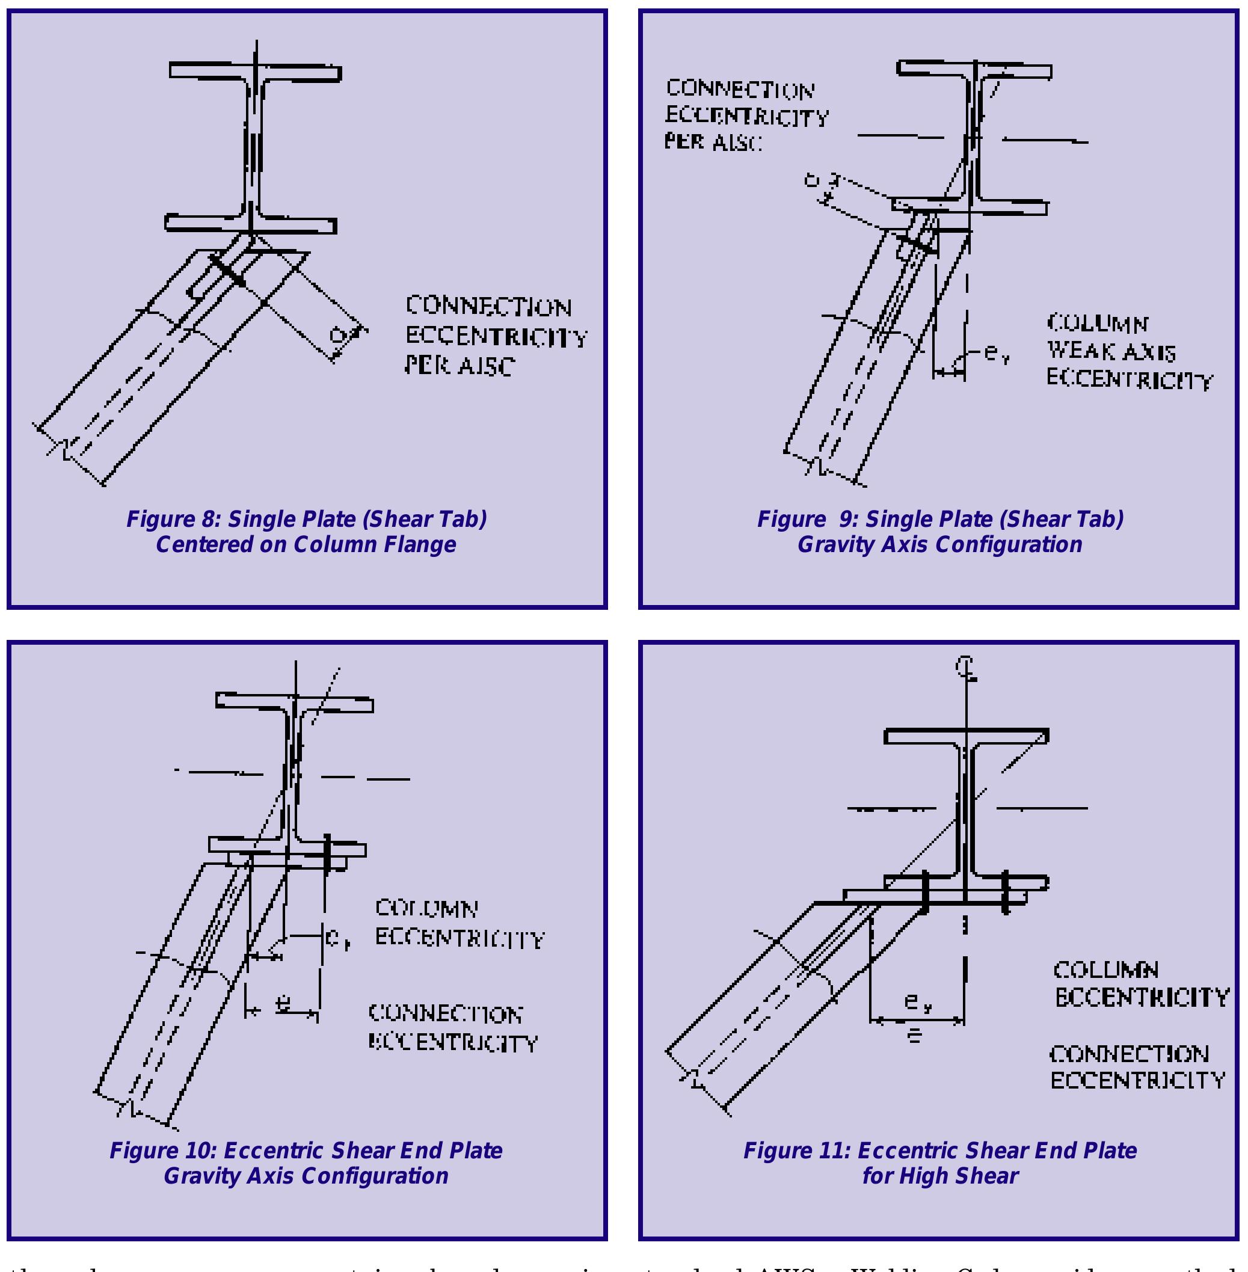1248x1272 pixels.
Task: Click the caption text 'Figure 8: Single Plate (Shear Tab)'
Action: pos(306,519)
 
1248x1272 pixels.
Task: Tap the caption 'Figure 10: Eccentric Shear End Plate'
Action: pos(306,1151)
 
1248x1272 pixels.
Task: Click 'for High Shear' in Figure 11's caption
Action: pos(940,1176)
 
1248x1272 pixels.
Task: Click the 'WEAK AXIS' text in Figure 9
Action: pos(1111,352)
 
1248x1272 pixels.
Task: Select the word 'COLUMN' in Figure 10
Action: pos(426,908)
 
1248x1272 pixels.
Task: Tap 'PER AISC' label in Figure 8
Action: pos(460,366)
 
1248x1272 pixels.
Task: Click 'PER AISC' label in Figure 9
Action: pos(713,141)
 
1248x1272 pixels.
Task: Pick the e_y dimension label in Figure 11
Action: pos(918,1001)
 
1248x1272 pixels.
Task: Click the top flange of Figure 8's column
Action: pos(256,72)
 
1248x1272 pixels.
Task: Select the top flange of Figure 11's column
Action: pos(966,737)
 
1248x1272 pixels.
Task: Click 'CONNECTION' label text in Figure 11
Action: pos(1130,1054)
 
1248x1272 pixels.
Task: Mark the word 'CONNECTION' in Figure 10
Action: pos(446,1014)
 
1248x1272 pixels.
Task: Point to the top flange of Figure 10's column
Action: pos(295,702)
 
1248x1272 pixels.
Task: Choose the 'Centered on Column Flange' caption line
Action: pos(306,544)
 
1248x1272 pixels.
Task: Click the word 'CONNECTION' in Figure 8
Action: pos(489,307)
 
